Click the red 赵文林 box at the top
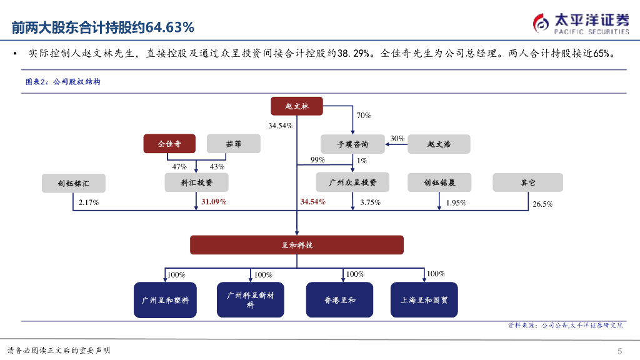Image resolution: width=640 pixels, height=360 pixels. [x=297, y=107]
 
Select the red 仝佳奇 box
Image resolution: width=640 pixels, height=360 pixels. [x=169, y=144]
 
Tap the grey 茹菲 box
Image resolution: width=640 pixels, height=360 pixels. [x=234, y=144]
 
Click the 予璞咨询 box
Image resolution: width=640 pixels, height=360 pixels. [x=352, y=144]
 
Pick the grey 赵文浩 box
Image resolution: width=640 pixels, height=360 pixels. [x=439, y=144]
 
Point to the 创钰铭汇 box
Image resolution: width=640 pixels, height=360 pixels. [x=73, y=183]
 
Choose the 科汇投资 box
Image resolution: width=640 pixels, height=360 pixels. [x=196, y=182]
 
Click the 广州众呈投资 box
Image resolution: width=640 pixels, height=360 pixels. [x=352, y=182]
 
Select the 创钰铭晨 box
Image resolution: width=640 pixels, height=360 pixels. [x=439, y=182]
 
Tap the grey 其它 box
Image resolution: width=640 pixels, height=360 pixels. [x=527, y=182]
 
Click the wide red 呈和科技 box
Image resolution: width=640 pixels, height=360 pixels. [x=297, y=245]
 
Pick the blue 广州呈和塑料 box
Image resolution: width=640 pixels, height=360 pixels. [x=165, y=300]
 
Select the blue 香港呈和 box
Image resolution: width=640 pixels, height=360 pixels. [x=339, y=300]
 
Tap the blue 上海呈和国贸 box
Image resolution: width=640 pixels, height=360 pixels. [x=428, y=300]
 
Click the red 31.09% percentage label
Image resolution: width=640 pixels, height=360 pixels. [x=214, y=202]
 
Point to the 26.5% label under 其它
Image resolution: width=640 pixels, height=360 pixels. [x=542, y=204]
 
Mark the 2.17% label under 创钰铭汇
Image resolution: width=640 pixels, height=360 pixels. [x=89, y=202]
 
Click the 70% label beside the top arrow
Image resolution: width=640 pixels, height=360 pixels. [x=364, y=116]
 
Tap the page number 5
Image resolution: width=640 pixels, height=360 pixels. [x=619, y=350]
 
